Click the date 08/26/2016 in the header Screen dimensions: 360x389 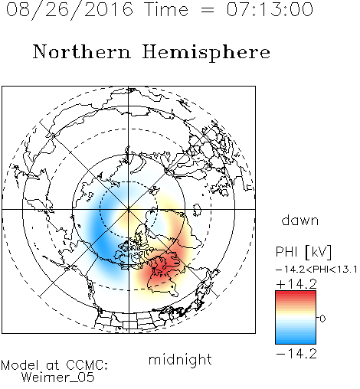tap(70, 10)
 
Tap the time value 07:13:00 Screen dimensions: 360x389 tap(270, 10)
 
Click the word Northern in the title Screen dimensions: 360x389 tap(82, 52)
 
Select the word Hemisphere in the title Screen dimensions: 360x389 tap(206, 53)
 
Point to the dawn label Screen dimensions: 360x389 tap(300, 220)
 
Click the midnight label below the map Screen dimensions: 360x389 tap(180, 359)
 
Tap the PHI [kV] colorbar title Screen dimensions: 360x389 tap(303, 252)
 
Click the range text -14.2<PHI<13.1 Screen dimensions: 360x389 tap(316, 270)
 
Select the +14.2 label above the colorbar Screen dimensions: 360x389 tap(296, 284)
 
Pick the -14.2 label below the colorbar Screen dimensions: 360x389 tap(296, 354)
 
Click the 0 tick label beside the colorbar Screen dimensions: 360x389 tap(322, 319)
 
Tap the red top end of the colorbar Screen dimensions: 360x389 tap(296, 293)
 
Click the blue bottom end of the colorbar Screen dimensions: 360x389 tap(296, 341)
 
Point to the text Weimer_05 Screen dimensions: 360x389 tap(58, 378)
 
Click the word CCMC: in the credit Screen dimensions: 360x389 tap(87, 365)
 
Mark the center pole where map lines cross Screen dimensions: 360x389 tap(129, 209)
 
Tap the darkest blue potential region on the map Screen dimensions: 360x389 tap(101, 243)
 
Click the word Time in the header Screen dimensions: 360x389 tap(166, 10)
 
